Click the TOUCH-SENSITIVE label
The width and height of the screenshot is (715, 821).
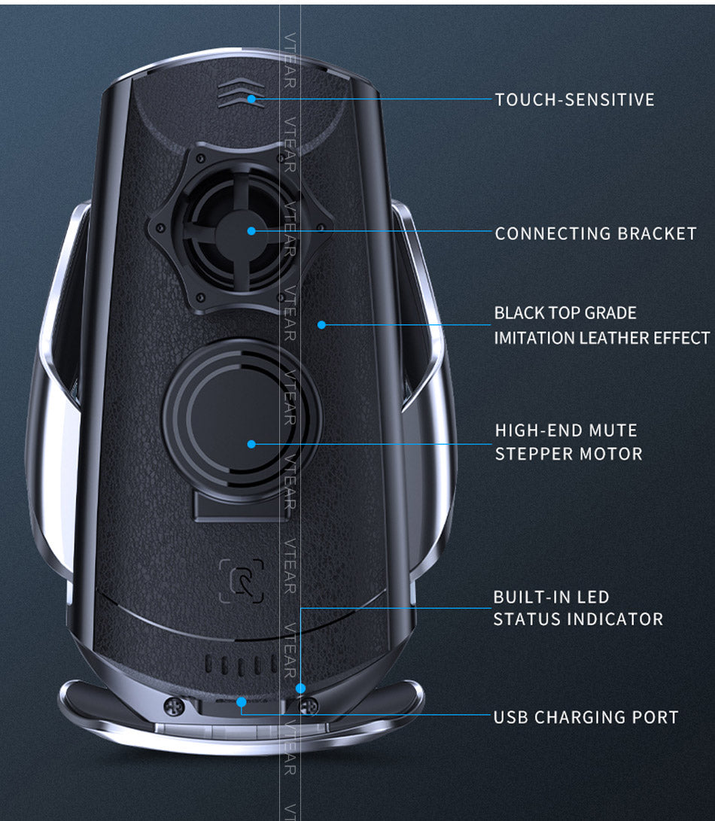574,99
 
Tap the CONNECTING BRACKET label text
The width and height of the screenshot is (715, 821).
595,233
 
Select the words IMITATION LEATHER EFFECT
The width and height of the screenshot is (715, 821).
601,338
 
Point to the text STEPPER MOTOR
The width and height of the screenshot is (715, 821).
568,454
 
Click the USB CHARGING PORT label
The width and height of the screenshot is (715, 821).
586,717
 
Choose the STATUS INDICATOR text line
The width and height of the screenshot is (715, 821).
578,619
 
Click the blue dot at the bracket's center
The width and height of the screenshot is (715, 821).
251,231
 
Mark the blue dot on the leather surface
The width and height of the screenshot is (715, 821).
321,325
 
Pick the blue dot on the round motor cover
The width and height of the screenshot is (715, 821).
251,444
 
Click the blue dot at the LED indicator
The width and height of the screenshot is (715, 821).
300,688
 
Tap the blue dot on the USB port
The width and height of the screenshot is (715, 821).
241,702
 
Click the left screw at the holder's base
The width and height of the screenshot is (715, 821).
174,706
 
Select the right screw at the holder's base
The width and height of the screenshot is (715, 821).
309,706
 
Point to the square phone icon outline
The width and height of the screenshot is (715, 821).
242,581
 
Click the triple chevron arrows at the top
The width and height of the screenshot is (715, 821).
240,94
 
